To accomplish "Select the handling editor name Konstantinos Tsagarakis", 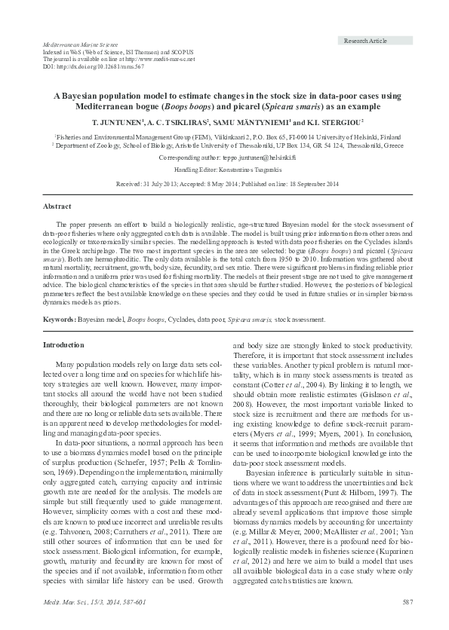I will click(x=249, y=171).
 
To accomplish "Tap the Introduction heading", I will click(x=63, y=344).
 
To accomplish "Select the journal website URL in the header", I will click(x=157, y=59).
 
